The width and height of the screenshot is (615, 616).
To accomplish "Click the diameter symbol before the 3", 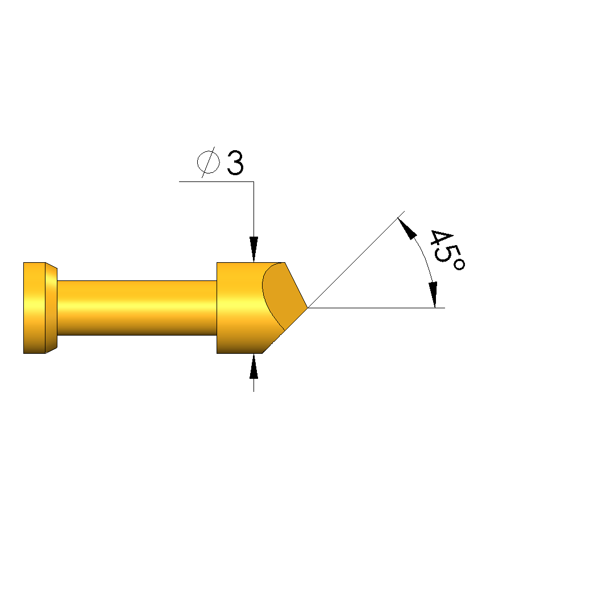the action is [209, 162].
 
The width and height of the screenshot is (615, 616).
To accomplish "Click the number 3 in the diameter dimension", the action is [235, 163].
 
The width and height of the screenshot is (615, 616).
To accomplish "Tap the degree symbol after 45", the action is [458, 264].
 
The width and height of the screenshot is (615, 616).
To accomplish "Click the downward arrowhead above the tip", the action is [254, 249].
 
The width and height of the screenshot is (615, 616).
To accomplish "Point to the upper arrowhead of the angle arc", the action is [406, 228].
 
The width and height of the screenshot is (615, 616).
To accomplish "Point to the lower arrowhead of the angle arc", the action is [433, 295].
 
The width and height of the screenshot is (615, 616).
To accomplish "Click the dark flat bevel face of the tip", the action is [284, 295].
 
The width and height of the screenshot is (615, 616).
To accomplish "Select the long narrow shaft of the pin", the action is [137, 308].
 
